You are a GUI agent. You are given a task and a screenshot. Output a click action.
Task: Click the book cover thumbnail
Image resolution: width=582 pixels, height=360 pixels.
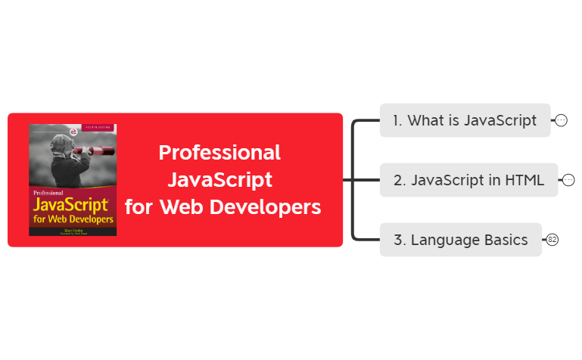73,180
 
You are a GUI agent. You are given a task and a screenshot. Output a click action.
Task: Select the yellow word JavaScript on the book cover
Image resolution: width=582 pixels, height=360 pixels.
73,205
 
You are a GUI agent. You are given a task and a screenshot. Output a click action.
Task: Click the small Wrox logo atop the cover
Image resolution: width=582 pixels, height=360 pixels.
72,132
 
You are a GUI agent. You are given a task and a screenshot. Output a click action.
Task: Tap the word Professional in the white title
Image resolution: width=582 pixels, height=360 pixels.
219,153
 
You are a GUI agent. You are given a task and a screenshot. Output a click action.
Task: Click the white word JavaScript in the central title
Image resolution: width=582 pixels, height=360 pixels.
219,180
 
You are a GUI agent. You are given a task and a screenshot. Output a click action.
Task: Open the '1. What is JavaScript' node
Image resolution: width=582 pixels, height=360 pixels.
465,120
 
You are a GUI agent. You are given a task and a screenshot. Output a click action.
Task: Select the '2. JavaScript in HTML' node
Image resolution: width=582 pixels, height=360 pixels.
468,180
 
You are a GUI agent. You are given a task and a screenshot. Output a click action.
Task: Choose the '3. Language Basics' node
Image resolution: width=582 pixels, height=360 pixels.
460,240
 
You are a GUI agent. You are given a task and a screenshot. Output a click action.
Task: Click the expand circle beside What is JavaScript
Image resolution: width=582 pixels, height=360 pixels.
561,120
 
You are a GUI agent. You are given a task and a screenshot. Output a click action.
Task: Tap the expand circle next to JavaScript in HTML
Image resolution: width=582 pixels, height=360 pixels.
568,180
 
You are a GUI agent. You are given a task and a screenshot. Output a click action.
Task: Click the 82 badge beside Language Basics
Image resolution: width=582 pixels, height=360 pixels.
552,240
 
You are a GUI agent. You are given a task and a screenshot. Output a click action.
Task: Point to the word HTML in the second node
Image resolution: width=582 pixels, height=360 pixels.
525,180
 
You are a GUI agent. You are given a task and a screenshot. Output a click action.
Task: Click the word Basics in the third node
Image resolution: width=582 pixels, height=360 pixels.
507,240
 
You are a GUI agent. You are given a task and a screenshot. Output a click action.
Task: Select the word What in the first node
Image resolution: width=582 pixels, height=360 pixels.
426,120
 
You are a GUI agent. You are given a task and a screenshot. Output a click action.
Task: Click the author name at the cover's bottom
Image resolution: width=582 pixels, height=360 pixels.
73,226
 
